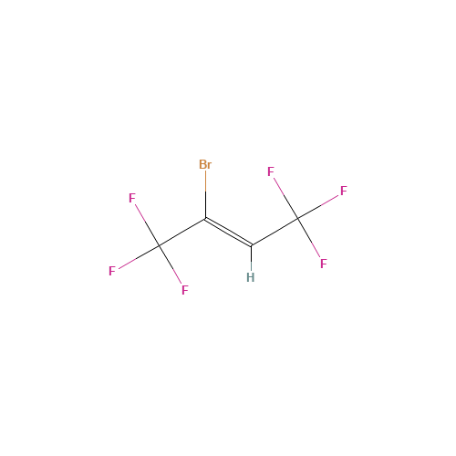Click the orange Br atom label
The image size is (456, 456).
click(205, 165)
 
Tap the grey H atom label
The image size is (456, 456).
click(250, 275)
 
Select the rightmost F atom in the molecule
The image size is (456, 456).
click(344, 192)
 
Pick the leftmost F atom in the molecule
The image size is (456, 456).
click(112, 271)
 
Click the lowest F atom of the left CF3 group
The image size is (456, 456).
click(184, 291)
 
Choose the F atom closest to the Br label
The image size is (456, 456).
click(271, 171)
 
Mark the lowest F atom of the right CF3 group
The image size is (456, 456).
click(324, 264)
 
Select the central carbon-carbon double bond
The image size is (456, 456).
click(228, 232)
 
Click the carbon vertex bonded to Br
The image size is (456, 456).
click(205, 219)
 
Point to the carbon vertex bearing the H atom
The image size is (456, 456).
click(251, 244)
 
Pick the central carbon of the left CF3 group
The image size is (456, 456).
click(158, 244)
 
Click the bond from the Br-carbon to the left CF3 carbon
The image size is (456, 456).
click(181, 232)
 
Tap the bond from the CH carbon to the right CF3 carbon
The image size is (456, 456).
click(274, 232)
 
